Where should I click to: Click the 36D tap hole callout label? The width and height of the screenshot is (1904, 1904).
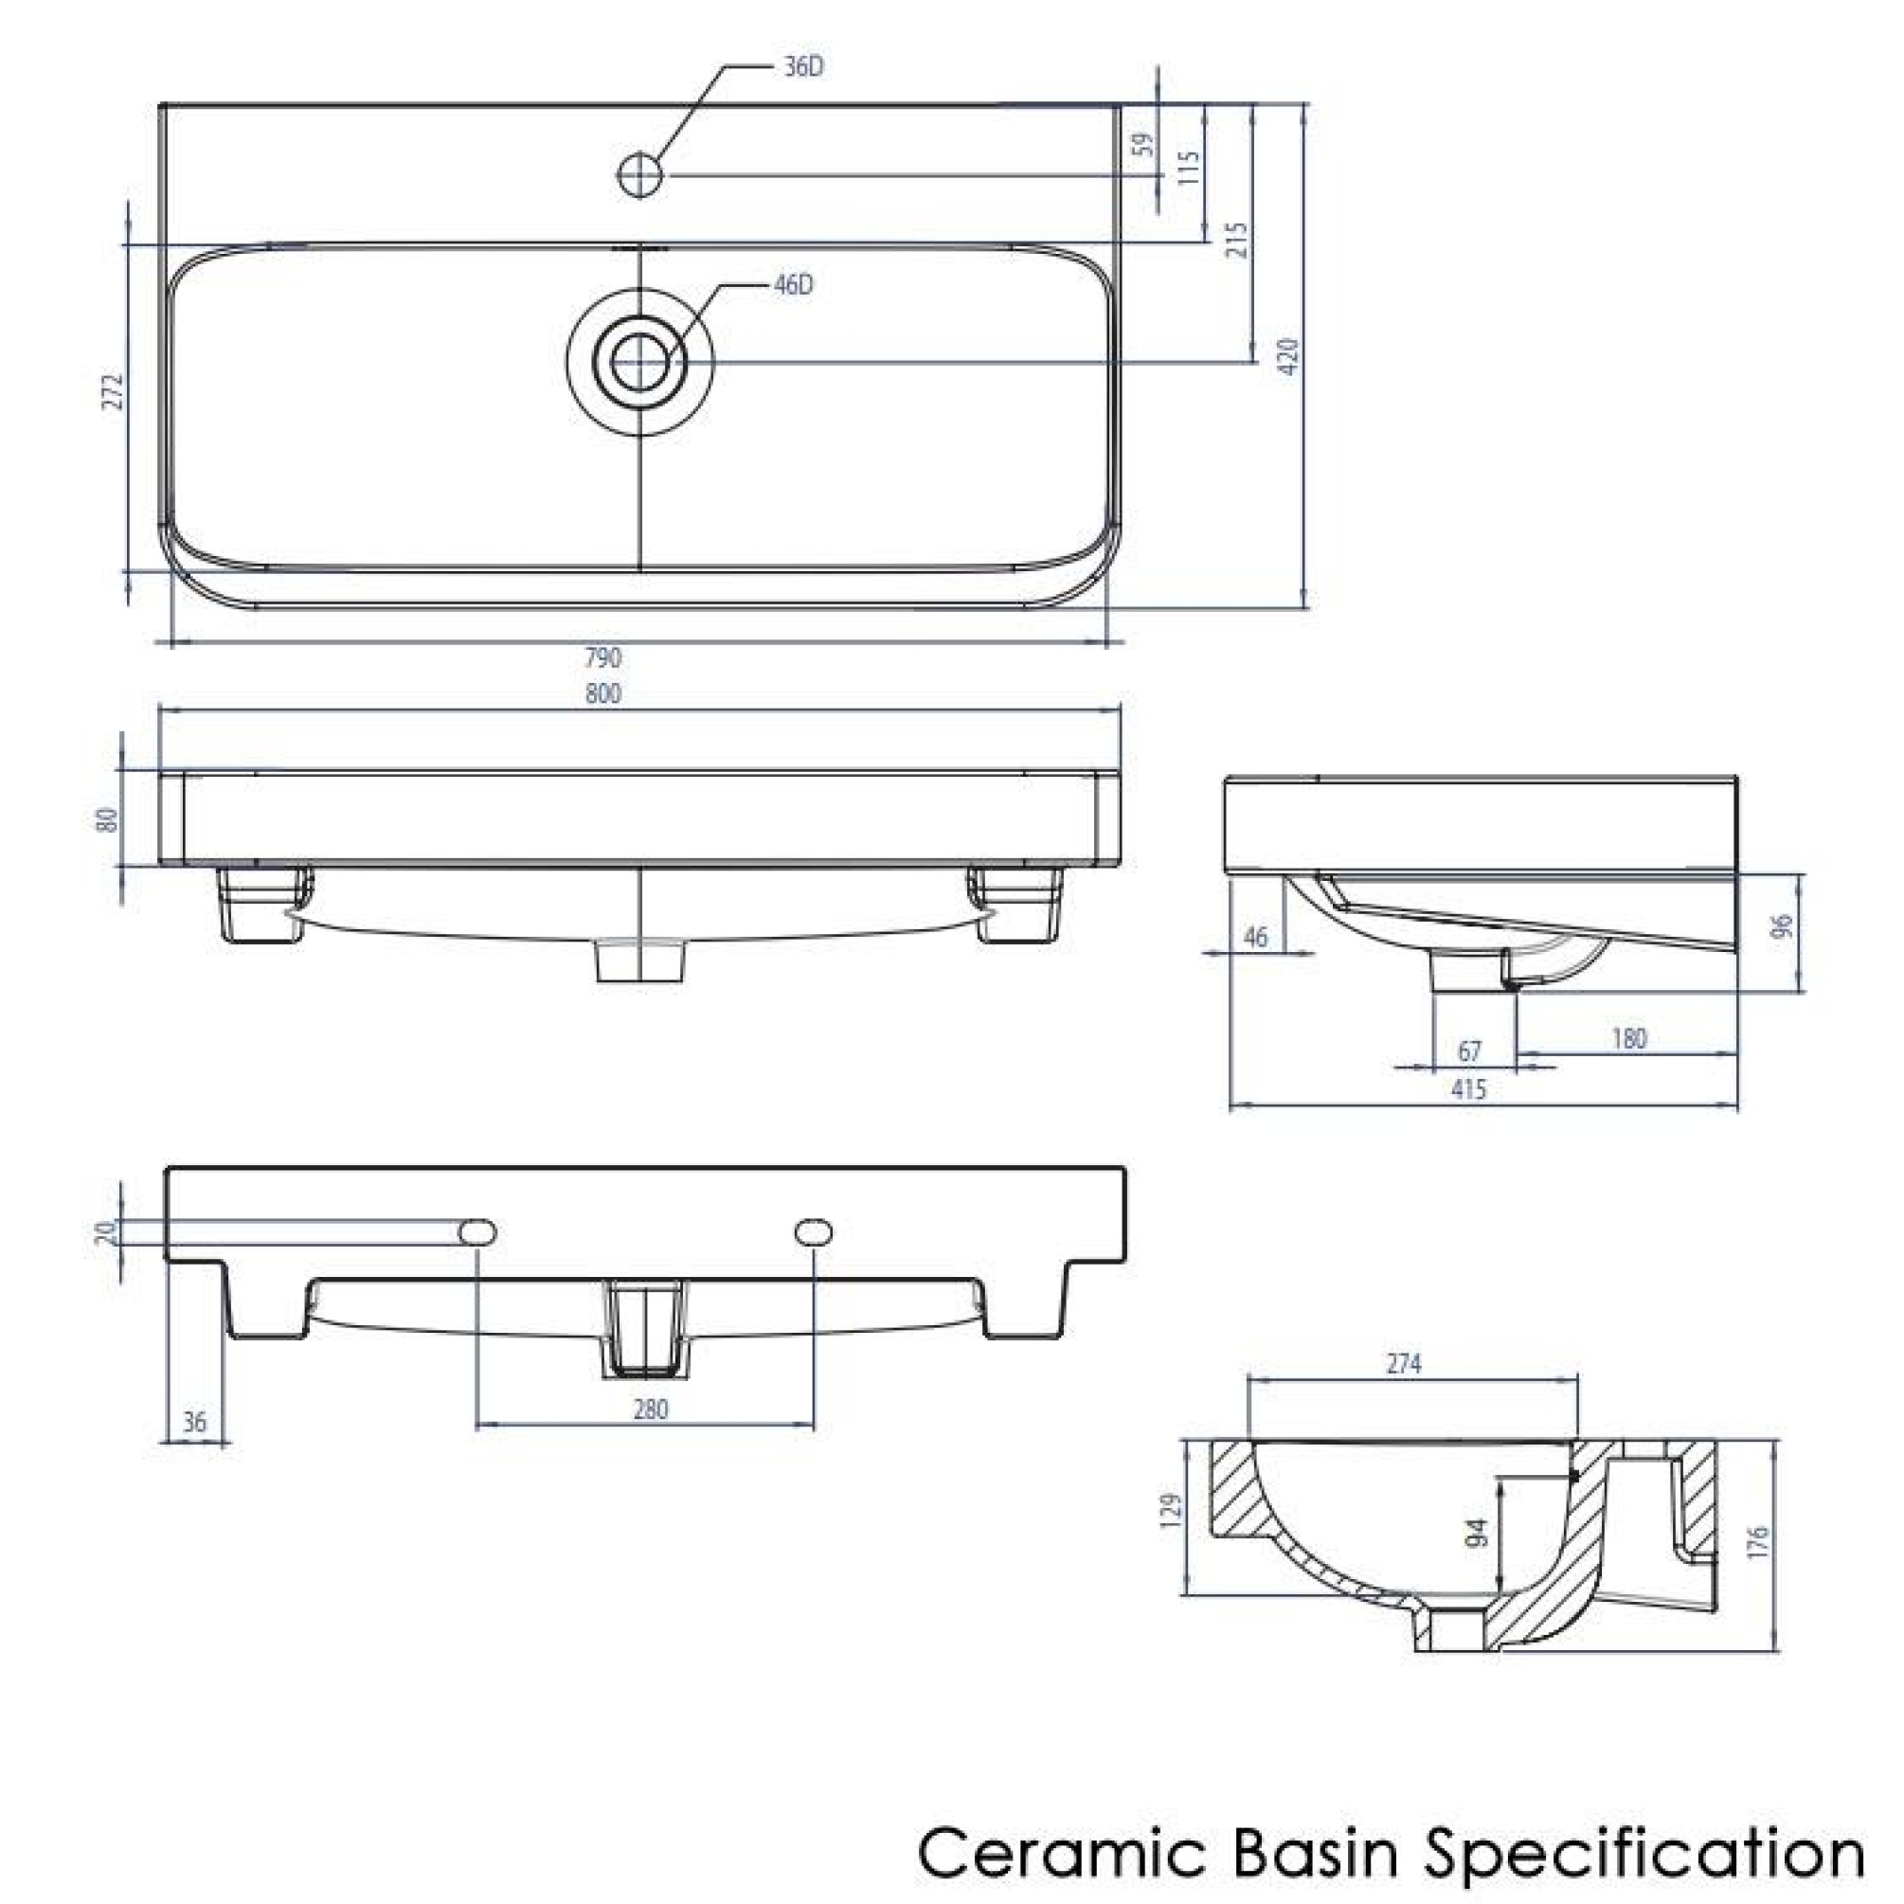[802, 68]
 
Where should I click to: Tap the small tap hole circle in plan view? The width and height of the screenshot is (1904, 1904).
[640, 175]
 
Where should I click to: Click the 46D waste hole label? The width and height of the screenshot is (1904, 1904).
[794, 286]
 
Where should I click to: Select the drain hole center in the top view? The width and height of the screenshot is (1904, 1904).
[640, 362]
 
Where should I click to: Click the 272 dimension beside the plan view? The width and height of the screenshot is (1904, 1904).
[115, 391]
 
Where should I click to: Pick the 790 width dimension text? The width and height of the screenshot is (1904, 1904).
[603, 657]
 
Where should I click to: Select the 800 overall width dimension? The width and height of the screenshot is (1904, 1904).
[603, 693]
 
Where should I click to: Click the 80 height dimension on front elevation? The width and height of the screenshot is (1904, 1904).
[106, 819]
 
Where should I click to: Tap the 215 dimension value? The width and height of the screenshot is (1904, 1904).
[1238, 240]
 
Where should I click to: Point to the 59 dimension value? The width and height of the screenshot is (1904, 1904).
[1142, 145]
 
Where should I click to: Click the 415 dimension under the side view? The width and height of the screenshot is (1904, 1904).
[1468, 1089]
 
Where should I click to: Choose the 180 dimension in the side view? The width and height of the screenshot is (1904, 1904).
[1628, 1039]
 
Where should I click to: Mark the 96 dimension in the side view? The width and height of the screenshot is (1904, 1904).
[1782, 926]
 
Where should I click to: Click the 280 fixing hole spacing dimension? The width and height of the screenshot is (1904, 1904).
[651, 1410]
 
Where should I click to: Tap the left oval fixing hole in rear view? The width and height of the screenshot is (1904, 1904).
[478, 1231]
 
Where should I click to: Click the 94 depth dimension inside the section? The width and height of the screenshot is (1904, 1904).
[1476, 1534]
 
